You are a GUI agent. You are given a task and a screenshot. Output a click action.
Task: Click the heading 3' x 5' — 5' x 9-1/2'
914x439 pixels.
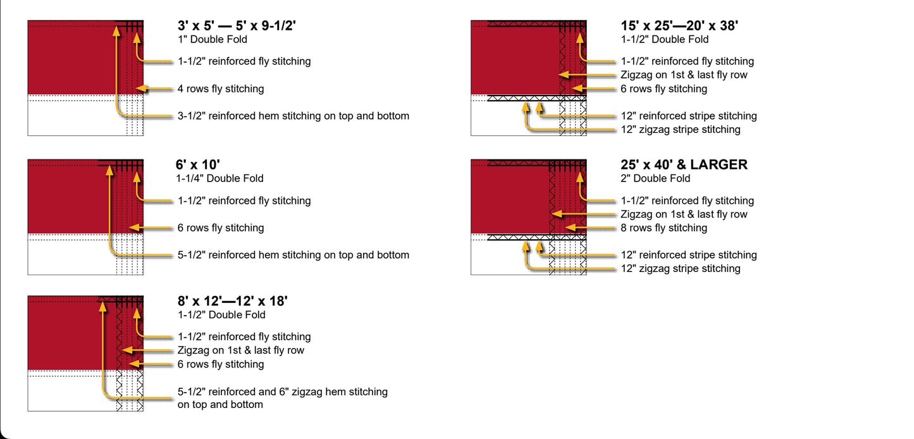pos(237,26)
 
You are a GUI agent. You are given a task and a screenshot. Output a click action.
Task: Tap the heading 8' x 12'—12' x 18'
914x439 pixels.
pos(232,301)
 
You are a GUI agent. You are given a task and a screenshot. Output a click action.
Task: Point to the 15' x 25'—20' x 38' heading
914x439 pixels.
pos(679,26)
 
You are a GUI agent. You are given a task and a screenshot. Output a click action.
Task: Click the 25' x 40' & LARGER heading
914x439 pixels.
pos(684,165)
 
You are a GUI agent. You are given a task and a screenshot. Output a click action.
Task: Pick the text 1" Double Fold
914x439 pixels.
pos(212,39)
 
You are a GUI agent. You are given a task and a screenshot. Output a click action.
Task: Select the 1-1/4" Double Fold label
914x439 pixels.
pos(219,178)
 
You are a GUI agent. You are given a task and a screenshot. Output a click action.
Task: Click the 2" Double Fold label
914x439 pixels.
pos(655,178)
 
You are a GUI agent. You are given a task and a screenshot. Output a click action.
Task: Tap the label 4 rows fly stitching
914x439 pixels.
pos(220,89)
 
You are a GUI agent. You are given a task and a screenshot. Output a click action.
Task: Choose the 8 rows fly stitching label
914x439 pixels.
pos(664,228)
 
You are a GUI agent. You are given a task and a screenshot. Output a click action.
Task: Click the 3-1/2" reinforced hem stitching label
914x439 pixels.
pos(293,116)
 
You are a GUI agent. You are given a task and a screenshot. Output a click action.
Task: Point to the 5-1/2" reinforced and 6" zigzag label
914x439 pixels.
pos(282,392)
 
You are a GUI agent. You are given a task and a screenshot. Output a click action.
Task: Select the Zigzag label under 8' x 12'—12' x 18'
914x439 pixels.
pos(240,350)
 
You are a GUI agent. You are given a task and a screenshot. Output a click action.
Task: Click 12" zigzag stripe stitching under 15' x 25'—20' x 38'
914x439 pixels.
pos(680,130)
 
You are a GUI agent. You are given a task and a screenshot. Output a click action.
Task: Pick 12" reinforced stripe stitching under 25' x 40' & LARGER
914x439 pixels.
pos(688,255)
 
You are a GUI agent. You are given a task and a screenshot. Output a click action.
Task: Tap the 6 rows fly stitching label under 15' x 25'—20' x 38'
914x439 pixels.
pos(664,89)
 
